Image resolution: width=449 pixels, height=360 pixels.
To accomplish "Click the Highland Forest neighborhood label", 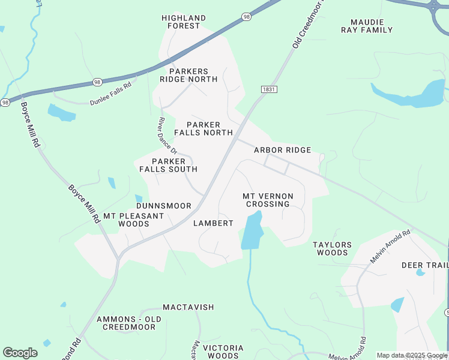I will point(184,22).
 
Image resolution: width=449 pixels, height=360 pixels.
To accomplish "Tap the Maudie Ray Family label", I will point(367,26).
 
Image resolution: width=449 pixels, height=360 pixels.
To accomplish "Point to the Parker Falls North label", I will point(203,128).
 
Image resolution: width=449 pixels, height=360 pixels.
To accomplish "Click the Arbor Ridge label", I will point(282,150).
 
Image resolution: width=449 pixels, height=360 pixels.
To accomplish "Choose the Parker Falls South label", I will point(168,165).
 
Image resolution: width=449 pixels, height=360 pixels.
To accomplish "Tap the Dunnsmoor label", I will point(163,206).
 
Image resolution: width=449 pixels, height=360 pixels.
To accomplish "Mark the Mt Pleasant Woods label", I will point(133,220).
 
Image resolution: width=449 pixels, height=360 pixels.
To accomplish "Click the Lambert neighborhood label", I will point(213,223).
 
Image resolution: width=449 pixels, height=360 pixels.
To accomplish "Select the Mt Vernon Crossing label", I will point(268,200).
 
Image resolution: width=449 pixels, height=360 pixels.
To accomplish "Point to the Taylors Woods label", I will point(332,248).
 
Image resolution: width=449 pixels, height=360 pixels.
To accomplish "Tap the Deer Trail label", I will point(425,265).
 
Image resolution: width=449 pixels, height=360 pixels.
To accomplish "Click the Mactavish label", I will point(188,307).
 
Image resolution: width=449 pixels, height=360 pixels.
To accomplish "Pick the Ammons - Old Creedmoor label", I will point(129,323).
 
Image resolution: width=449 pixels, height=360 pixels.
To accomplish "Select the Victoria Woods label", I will point(223,352).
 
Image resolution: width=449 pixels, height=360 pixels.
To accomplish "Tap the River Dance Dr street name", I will point(167,136).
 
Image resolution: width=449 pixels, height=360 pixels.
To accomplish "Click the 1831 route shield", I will point(269,89).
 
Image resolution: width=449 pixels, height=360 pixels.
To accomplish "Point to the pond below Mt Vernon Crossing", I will point(252,231).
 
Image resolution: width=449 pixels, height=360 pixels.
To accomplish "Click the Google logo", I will point(20,353).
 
